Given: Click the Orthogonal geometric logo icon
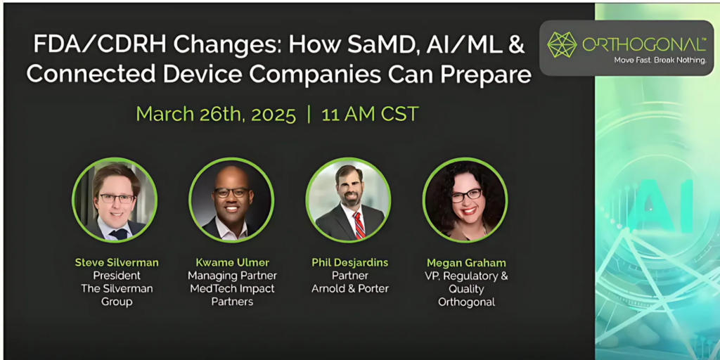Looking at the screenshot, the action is click(x=562, y=44).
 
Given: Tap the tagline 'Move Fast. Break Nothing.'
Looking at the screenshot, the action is click(x=660, y=60).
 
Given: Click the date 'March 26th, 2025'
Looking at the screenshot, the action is click(x=217, y=114).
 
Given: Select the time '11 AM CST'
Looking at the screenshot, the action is click(x=370, y=114).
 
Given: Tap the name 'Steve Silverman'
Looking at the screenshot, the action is click(x=117, y=263).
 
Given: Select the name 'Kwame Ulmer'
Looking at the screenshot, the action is click(x=232, y=263).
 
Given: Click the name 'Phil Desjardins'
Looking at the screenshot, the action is click(x=350, y=263).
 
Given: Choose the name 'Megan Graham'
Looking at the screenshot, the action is click(x=466, y=263).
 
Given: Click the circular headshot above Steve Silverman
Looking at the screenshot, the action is click(x=115, y=200).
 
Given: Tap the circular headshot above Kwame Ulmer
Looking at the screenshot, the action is click(x=231, y=200).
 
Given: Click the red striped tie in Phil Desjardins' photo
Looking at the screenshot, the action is click(x=359, y=224).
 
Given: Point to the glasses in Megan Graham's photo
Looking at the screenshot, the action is click(x=466, y=195).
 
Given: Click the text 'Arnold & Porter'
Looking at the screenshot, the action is click(x=350, y=289).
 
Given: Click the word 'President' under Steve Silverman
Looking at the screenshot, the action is click(x=117, y=276).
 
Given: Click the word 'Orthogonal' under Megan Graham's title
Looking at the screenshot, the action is click(x=466, y=302).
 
